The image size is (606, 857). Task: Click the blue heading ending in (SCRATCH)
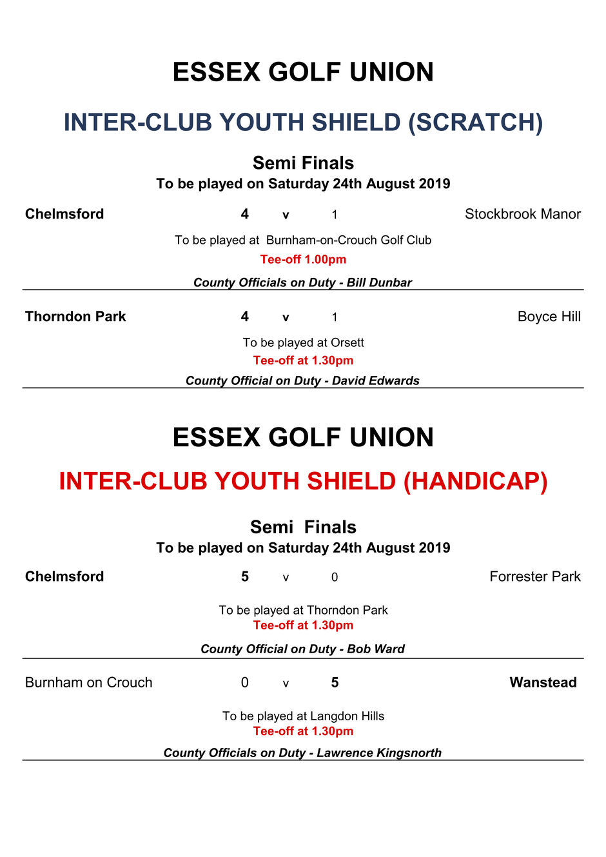click(x=303, y=122)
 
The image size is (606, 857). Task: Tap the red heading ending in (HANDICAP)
click(x=303, y=481)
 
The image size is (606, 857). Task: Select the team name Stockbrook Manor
click(x=522, y=214)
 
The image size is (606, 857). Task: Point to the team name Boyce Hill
click(x=549, y=317)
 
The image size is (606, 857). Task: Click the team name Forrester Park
click(x=534, y=576)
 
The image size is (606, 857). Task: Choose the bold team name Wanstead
click(x=543, y=682)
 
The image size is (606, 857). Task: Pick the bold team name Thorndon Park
click(x=75, y=317)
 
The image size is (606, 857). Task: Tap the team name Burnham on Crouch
click(x=88, y=682)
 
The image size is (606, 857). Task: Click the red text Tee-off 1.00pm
click(x=303, y=259)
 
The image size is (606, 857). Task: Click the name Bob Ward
click(x=376, y=649)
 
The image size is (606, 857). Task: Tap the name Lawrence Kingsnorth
click(x=379, y=753)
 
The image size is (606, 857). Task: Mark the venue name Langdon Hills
click(x=347, y=716)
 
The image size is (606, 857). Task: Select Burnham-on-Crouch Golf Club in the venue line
click(x=348, y=240)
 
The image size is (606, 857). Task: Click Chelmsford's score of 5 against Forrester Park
click(x=245, y=576)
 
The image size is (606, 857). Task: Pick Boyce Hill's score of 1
click(x=335, y=317)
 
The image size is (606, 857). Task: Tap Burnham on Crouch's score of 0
click(x=245, y=682)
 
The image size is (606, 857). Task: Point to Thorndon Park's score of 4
click(x=245, y=317)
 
